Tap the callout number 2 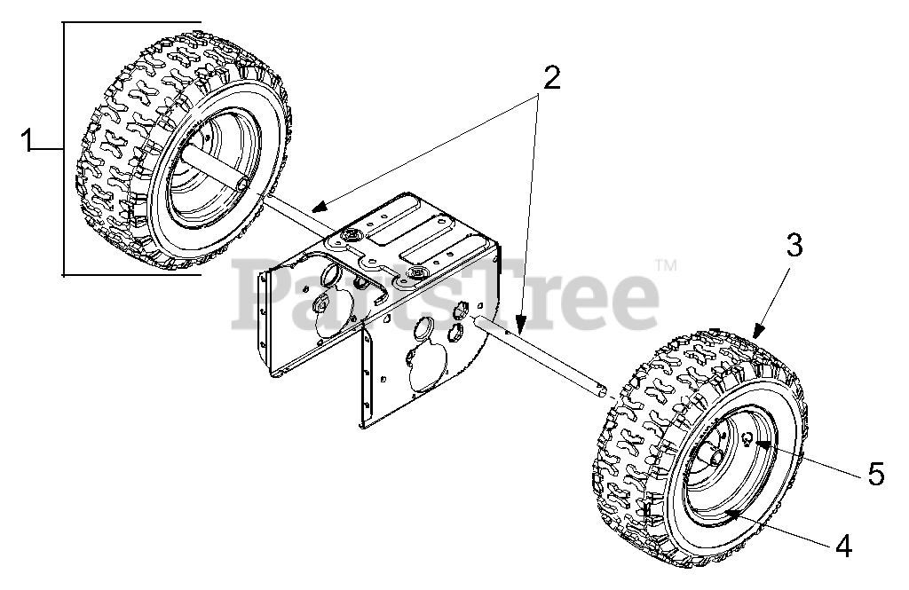click(551, 78)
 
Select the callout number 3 click(794, 246)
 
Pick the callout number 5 click(876, 476)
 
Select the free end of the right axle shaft click(603, 389)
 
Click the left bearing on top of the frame click(352, 235)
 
